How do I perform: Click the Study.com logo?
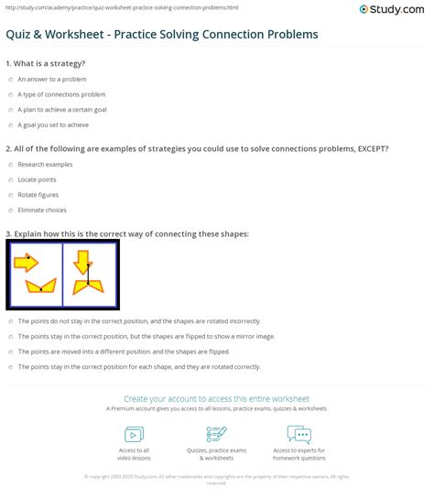coord(393,9)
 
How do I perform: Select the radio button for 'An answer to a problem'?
coord(10,79)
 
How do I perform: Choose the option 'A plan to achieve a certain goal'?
coord(10,109)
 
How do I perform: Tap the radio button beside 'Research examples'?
coord(10,165)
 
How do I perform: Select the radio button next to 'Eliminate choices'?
coord(10,211)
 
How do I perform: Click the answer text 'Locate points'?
coord(37,180)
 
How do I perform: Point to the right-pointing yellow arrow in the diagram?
coord(27,264)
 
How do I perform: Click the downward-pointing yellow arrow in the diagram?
coord(81,262)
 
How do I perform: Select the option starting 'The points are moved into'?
coord(10,352)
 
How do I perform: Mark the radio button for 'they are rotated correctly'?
coord(10,367)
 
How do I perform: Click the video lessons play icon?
coord(135,434)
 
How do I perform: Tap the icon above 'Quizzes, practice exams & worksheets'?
coord(217,434)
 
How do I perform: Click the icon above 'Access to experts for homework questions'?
coord(298,434)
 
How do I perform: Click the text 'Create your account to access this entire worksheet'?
coord(216,399)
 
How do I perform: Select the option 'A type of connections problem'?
coord(10,93)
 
